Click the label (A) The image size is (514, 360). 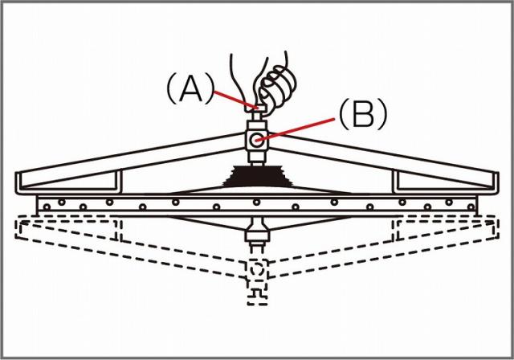190,88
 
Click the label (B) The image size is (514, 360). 363,114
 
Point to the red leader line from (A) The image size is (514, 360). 235,100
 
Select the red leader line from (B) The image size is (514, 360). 296,130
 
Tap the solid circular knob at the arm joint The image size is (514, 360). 256,141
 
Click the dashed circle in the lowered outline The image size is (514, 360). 257,269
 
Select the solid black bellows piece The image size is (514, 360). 257,177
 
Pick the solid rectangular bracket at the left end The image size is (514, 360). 68,182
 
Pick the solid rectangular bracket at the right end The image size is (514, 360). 447,182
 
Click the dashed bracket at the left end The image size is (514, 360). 68,229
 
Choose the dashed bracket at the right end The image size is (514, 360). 447,229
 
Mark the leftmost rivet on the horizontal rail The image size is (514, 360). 47,207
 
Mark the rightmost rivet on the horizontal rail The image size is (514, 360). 471,207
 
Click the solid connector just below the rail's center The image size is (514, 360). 258,231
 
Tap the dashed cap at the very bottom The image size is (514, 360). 258,297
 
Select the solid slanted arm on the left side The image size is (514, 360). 131,161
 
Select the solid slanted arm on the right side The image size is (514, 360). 383,161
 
